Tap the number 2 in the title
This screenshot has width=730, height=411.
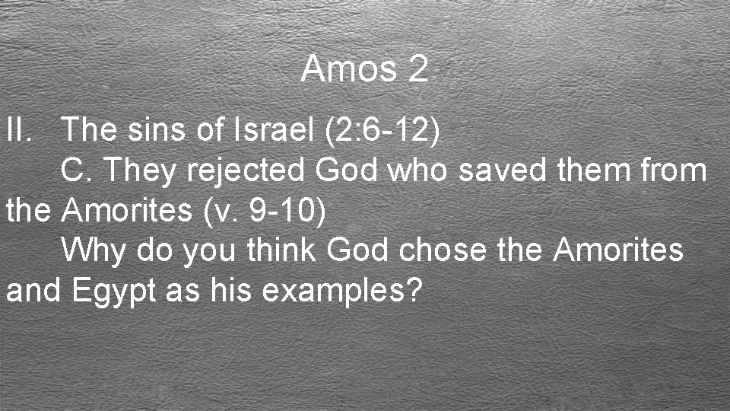click(417, 70)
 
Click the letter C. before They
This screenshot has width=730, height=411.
click(77, 170)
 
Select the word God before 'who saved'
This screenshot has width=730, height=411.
click(346, 170)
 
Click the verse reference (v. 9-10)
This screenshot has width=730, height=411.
click(265, 211)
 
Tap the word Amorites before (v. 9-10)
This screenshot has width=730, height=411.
click(127, 210)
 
